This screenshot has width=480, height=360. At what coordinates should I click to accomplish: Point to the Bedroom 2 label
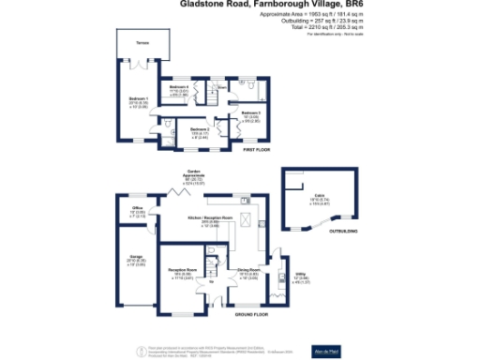click(198, 128)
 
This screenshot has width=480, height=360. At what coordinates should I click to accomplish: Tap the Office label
click(136, 208)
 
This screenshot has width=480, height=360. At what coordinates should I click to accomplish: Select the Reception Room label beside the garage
click(181, 270)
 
